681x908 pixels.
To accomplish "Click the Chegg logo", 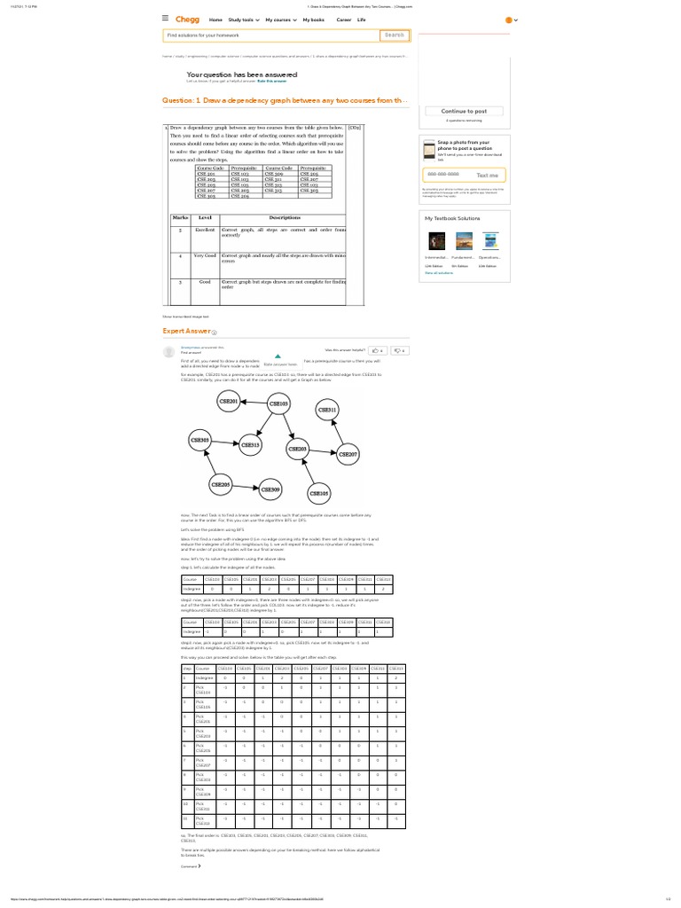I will (188, 19).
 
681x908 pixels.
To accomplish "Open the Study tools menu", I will (242, 19).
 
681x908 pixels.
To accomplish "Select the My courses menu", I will (279, 19).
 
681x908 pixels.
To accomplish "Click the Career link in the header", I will (343, 19).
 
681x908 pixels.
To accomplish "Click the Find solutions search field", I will (270, 35).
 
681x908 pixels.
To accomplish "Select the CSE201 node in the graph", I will (229, 401).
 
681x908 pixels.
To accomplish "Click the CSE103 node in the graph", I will (278, 403).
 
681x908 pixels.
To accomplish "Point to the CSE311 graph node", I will (327, 411).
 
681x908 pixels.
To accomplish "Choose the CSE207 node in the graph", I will (348, 454).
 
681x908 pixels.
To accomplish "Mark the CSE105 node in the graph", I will (318, 492).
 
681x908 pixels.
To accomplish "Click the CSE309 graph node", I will (270, 489).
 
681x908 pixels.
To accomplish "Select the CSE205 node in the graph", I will (220, 484).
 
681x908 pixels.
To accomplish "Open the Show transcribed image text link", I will (185, 316).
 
